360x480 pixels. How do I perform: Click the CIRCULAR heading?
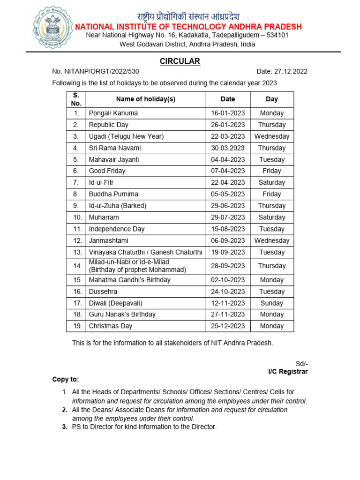[180, 61]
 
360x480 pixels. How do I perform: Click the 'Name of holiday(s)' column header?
[145, 99]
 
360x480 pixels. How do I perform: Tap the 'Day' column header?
[272, 99]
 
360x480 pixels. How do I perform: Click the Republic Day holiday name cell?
[109, 125]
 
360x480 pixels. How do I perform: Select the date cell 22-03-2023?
[228, 136]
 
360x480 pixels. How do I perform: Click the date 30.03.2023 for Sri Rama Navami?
[228, 148]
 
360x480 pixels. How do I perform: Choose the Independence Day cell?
[117, 229]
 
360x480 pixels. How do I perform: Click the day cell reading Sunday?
[272, 303]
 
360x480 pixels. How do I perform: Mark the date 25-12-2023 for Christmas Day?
[228, 326]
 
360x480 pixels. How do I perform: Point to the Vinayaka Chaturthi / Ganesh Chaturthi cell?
[145, 252]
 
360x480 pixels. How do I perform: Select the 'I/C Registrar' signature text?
[288, 372]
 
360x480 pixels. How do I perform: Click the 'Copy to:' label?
[66, 379]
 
